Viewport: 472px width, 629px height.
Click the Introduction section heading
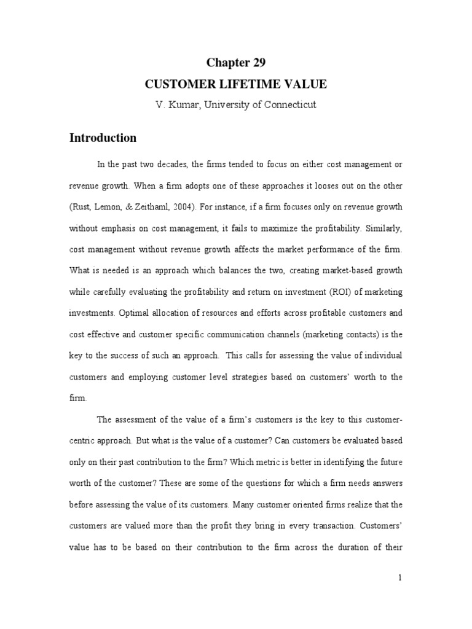(103, 138)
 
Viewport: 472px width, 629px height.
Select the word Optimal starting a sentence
(138, 312)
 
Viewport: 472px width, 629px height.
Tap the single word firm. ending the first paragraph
(78, 397)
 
